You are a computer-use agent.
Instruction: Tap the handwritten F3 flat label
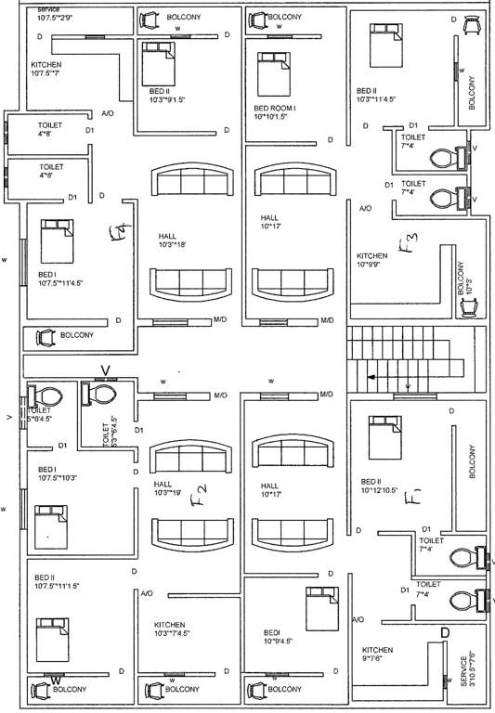pyautogui.click(x=409, y=244)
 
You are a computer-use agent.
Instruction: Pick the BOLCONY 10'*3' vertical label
pyautogui.click(x=464, y=279)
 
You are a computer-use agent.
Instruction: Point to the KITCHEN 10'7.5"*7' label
pyautogui.click(x=46, y=70)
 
